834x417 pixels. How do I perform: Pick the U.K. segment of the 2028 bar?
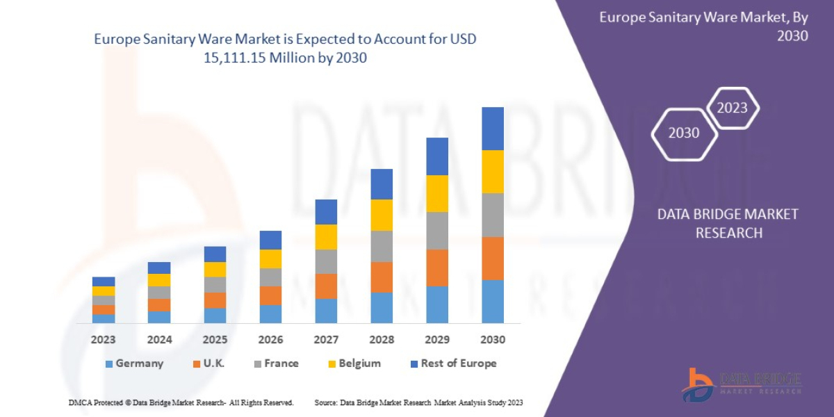(x=382, y=277)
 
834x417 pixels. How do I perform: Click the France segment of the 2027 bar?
(x=326, y=261)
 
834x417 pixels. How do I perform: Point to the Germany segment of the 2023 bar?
(x=104, y=318)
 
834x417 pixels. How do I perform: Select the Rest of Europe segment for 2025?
(x=215, y=254)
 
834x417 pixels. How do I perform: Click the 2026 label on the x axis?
(x=270, y=340)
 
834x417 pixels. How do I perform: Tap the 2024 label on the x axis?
(x=159, y=340)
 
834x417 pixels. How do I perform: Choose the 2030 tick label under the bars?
(x=492, y=340)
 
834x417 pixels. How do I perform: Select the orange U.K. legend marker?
(x=197, y=363)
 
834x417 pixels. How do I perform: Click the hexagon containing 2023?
(x=732, y=108)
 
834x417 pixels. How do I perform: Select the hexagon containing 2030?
(x=684, y=133)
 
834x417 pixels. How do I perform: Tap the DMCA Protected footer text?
(x=181, y=402)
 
